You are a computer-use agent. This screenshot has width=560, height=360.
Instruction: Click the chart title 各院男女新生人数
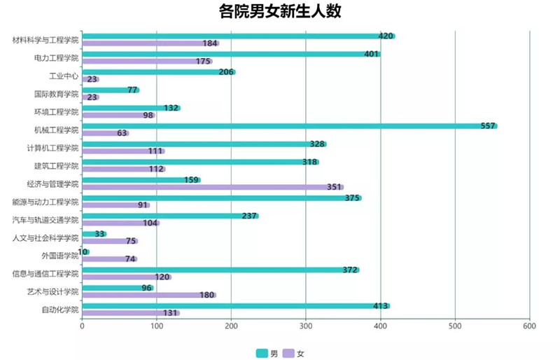[x=280, y=13]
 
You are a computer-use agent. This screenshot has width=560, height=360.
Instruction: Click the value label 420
[x=386, y=36]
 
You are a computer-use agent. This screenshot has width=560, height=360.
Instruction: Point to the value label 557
[x=488, y=126]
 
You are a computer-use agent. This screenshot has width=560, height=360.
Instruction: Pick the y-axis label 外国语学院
[x=59, y=256]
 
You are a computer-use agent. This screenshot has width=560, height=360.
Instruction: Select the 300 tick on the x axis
[x=306, y=326]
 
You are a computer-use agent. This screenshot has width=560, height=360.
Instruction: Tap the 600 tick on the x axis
[x=529, y=326]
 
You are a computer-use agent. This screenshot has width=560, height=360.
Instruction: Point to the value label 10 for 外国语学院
[x=83, y=251]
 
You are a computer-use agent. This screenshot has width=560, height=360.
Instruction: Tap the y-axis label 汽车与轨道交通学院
[x=45, y=220]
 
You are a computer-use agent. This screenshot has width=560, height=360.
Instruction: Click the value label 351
[x=334, y=187]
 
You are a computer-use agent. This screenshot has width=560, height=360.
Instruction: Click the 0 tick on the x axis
[x=83, y=326]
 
